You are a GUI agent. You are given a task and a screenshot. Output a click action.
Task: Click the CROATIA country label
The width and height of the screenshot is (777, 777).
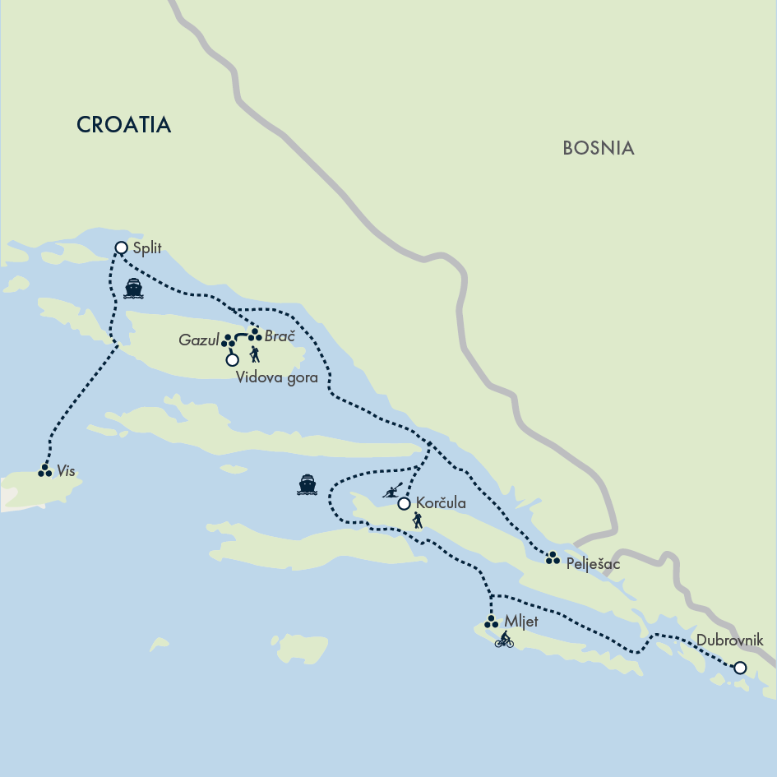click(x=123, y=125)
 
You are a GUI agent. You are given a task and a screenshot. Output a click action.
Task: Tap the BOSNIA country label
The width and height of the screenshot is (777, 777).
click(x=599, y=148)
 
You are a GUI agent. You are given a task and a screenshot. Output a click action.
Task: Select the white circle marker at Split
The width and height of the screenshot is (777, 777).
click(x=122, y=247)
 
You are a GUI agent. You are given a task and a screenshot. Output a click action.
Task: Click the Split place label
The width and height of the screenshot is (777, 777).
click(x=148, y=247)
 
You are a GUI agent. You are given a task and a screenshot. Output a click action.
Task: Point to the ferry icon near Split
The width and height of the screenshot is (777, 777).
click(x=133, y=288)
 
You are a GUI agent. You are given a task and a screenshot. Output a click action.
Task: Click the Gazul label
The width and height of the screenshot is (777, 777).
click(x=198, y=340)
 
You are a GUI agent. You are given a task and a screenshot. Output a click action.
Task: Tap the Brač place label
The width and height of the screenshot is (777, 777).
click(x=280, y=335)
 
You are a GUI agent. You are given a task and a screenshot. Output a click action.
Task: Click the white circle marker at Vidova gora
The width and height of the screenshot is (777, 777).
click(x=232, y=359)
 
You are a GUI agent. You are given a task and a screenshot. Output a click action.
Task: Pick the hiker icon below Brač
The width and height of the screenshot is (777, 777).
click(x=255, y=354)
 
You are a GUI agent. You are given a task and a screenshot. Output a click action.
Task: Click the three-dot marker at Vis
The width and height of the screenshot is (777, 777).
click(x=45, y=471)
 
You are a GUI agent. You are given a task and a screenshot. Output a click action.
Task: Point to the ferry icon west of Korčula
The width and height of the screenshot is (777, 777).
click(x=308, y=484)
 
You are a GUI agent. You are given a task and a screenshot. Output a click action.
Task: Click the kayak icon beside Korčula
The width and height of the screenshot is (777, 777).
click(x=392, y=491)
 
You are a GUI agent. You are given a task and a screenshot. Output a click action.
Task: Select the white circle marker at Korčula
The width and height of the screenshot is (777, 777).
click(x=404, y=504)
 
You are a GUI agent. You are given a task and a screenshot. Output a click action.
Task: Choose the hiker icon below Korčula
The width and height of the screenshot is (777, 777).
click(x=418, y=520)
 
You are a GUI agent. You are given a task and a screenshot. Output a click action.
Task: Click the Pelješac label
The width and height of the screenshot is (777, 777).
click(x=594, y=565)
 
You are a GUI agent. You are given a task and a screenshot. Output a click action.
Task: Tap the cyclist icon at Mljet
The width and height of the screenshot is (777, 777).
click(x=504, y=640)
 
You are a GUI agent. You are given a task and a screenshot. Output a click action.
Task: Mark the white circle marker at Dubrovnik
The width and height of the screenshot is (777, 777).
click(x=740, y=668)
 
